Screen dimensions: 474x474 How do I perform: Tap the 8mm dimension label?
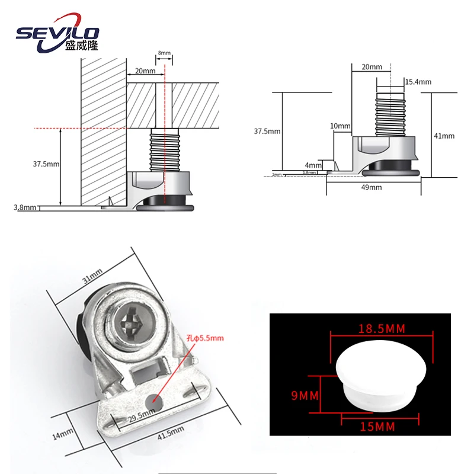(164, 53)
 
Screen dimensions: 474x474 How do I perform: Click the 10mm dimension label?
(341, 126)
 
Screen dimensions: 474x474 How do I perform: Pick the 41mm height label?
(444, 136)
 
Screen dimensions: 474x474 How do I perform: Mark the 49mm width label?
(372, 187)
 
